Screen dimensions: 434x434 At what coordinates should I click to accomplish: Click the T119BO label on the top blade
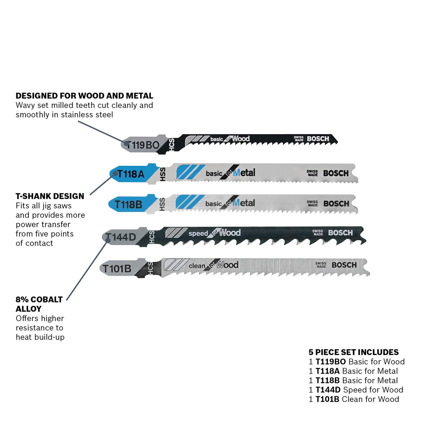(x=143, y=145)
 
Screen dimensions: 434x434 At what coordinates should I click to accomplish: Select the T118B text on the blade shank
(x=128, y=205)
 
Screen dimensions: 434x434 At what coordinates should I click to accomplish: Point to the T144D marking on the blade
(x=121, y=237)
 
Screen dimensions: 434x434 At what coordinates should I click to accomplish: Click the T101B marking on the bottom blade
(x=117, y=269)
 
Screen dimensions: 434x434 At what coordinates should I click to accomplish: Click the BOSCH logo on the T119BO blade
(x=318, y=139)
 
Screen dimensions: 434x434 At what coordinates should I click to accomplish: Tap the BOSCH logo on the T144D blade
(x=340, y=233)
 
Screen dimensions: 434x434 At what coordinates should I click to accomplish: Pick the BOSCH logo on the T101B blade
(x=344, y=265)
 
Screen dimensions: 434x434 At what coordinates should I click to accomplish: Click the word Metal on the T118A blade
(x=244, y=173)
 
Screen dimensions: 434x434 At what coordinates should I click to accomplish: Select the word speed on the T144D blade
(x=198, y=234)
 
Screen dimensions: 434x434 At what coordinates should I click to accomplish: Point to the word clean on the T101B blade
(x=197, y=266)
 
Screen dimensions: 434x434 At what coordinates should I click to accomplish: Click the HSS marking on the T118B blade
(x=162, y=205)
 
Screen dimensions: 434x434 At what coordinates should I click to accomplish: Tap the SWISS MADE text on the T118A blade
(x=312, y=173)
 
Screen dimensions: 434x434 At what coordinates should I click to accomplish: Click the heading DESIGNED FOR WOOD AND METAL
(x=84, y=96)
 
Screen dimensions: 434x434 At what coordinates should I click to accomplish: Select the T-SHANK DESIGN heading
(x=50, y=196)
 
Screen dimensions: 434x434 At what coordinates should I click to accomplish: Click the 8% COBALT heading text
(x=39, y=299)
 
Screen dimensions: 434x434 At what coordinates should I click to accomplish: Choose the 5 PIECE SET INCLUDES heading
(x=354, y=352)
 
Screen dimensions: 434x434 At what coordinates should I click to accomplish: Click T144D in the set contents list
(x=328, y=390)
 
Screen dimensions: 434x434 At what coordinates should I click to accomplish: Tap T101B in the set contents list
(x=327, y=399)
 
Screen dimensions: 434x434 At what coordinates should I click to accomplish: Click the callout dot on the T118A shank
(x=115, y=173)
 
